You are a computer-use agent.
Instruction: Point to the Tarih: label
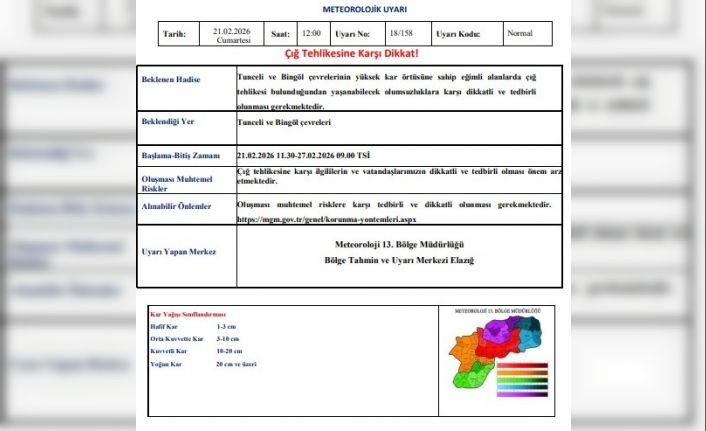point(174,35)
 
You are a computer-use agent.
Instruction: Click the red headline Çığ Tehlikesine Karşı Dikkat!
point(351,54)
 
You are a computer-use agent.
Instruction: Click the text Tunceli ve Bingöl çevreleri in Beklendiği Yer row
point(284,123)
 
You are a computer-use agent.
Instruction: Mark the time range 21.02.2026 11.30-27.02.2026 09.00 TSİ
point(303,155)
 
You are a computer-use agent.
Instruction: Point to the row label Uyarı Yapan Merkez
point(180,252)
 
